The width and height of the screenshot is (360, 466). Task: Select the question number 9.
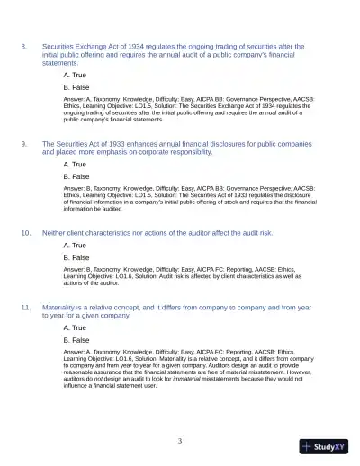(x=24, y=142)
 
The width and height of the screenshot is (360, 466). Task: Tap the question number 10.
(x=26, y=231)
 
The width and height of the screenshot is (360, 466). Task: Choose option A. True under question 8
(x=76, y=75)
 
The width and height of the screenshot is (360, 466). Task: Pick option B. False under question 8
(x=76, y=88)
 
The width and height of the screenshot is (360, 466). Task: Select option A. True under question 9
(x=76, y=165)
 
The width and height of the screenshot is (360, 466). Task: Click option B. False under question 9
(x=76, y=177)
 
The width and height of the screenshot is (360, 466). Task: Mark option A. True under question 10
(x=76, y=245)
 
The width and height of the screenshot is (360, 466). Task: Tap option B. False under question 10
(x=76, y=257)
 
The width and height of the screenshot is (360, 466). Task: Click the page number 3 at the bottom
(x=180, y=441)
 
